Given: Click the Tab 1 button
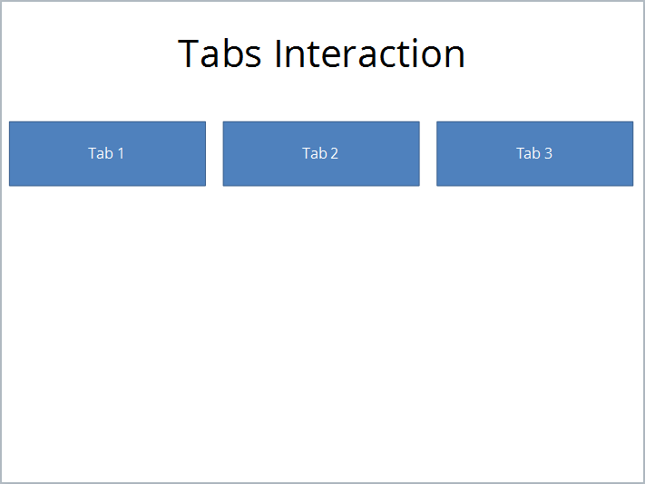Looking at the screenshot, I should click(107, 153).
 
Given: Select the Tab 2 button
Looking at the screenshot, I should click(321, 153).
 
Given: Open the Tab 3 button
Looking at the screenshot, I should click(534, 153).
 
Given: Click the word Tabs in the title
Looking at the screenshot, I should click(221, 53).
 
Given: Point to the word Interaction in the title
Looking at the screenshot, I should click(370, 53).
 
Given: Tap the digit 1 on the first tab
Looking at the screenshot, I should click(120, 153).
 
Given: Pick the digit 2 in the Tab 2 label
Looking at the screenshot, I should click(334, 153).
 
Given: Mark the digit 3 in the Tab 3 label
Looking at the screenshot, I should click(548, 153).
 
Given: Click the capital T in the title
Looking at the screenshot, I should click(189, 53).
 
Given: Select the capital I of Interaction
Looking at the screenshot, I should click(280, 53).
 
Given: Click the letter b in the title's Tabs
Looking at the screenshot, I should click(233, 53).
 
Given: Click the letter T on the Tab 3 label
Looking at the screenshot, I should click(521, 153).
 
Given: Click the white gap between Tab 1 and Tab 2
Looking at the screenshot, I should click(214, 153).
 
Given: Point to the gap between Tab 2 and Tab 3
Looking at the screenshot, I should click(428, 153).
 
